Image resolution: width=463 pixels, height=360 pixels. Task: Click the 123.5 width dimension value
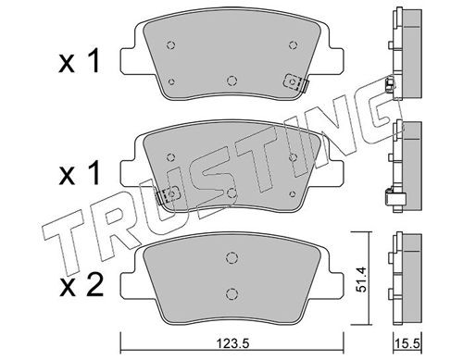(x=232, y=343)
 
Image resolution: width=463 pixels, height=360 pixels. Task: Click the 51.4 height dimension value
(x=361, y=279)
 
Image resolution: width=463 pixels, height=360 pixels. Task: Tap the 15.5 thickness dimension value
(x=407, y=343)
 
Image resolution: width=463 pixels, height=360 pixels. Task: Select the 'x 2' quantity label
(x=81, y=286)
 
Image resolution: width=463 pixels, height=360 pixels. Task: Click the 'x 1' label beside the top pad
(x=80, y=62)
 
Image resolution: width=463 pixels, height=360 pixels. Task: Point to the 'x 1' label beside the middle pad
(x=80, y=174)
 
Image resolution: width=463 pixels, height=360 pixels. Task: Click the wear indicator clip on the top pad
(x=295, y=82)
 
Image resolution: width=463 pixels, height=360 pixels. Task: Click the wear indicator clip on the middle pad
(x=169, y=195)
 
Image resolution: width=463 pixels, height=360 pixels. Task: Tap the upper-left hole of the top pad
(x=170, y=45)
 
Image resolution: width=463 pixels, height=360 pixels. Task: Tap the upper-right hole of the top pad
(x=294, y=45)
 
